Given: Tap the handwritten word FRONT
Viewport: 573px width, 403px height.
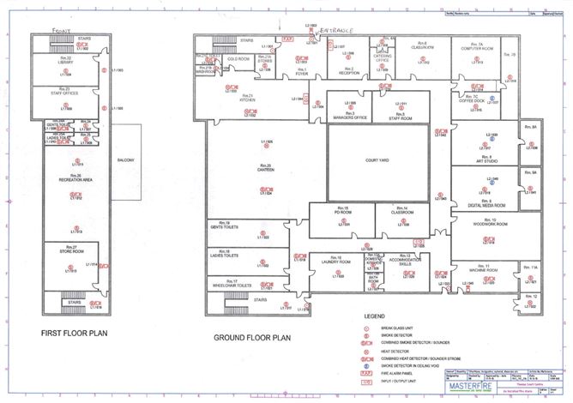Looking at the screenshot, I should tap(61, 30).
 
